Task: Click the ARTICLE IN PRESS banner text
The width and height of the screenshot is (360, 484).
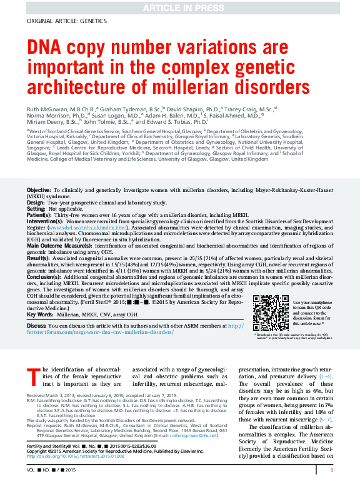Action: click(179, 7)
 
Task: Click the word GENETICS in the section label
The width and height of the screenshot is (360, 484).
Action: click(92, 21)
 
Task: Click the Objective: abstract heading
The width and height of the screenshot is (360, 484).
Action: click(39, 189)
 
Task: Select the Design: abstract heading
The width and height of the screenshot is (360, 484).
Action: click(36, 203)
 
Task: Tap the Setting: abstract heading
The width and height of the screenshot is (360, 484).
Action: click(36, 209)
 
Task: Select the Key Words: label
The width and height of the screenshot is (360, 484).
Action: click(40, 315)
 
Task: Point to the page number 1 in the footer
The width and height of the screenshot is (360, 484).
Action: click(331, 470)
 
